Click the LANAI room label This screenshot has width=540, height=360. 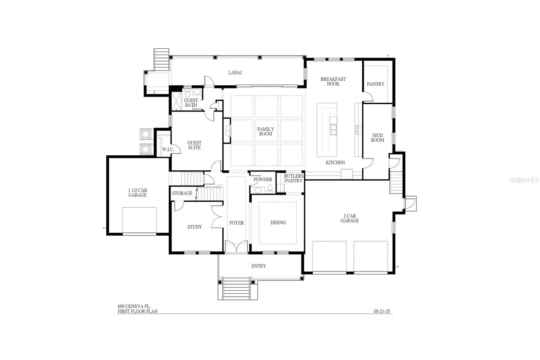pyautogui.click(x=235, y=73)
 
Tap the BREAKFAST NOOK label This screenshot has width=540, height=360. pyautogui.click(x=333, y=81)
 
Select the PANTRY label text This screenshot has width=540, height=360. pyautogui.click(x=375, y=84)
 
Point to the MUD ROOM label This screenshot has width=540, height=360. pyautogui.click(x=377, y=138)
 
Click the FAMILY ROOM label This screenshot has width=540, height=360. pyautogui.click(x=266, y=131)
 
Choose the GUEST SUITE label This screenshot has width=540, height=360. pyautogui.click(x=194, y=145)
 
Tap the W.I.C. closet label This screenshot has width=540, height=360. pyautogui.click(x=168, y=149)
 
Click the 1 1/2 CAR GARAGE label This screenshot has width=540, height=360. pyautogui.click(x=137, y=193)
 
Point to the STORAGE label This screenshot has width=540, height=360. pyautogui.click(x=182, y=193)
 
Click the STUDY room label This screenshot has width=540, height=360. pyautogui.click(x=195, y=227)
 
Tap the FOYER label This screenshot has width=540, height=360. pyautogui.click(x=237, y=223)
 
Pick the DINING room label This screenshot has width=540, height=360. pyautogui.click(x=278, y=223)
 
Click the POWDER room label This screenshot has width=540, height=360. pyautogui.click(x=263, y=180)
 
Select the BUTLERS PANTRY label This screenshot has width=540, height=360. pyautogui.click(x=294, y=178)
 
